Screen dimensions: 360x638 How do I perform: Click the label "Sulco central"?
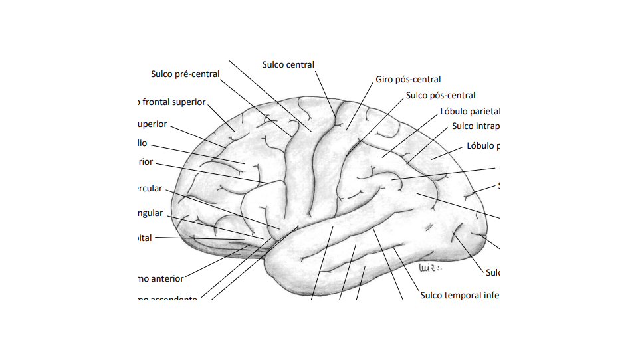coord(288,65)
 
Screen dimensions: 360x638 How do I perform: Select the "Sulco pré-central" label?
coord(185,74)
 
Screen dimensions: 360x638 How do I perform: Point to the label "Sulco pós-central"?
coord(441,96)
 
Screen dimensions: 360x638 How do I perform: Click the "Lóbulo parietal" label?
coord(470,112)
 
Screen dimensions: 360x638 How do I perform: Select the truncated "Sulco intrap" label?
coord(475,126)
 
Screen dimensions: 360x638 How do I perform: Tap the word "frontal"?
coord(156,102)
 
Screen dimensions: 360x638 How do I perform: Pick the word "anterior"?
coord(167,279)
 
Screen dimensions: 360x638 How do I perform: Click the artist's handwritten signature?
coord(431,268)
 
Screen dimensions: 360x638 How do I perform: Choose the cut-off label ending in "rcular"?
coord(149,189)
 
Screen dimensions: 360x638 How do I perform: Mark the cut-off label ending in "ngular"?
coord(149,213)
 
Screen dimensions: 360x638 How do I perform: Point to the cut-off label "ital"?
coord(144,238)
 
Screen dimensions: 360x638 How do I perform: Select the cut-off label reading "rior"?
coord(145,162)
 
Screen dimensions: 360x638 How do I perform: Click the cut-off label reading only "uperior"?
coord(152,124)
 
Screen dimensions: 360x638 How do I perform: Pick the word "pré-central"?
coord(197,74)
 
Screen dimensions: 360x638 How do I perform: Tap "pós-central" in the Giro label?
coord(418,80)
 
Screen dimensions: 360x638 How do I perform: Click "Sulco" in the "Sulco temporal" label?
coord(433,295)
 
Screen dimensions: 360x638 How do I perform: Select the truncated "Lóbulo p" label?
coord(482,146)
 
